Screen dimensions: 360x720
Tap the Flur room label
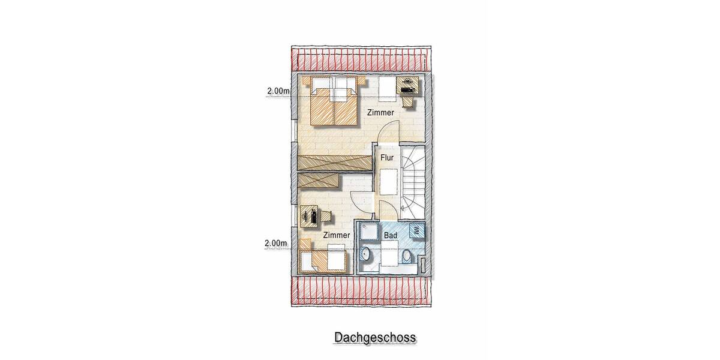coord(387,158)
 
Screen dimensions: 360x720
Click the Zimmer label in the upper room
coord(381,113)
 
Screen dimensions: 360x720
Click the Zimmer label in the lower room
coord(336,235)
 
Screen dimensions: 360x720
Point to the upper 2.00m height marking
coord(278,91)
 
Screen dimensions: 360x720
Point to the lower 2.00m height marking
coord(275,244)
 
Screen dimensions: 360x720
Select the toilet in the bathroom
coord(407,257)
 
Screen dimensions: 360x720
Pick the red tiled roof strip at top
coord(359,59)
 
